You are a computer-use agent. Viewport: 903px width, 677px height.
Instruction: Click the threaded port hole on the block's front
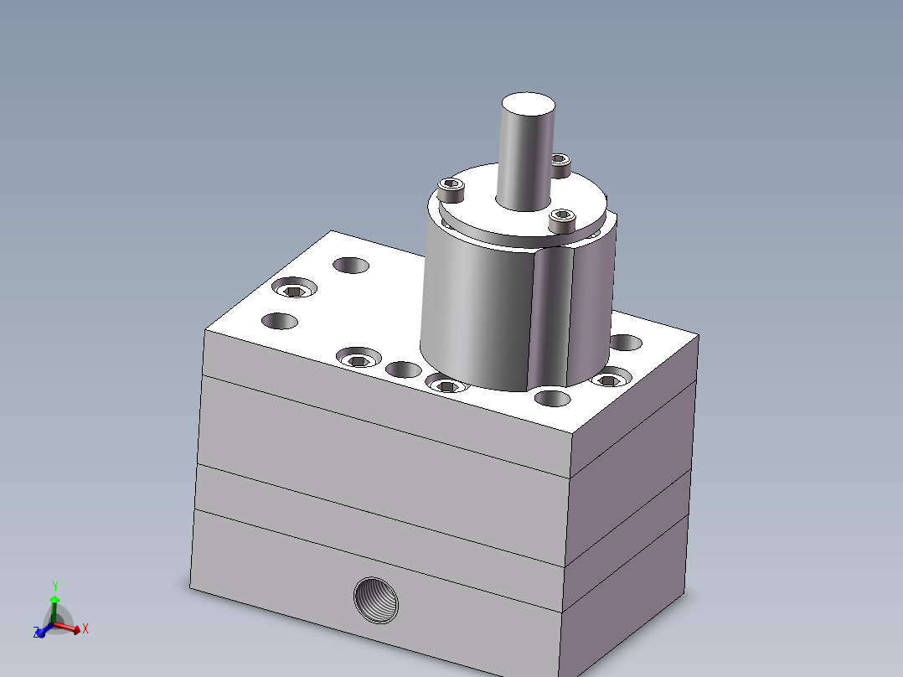pyautogui.click(x=375, y=601)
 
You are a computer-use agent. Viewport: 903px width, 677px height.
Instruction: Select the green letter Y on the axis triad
pyautogui.click(x=55, y=586)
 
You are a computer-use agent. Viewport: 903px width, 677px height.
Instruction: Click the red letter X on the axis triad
pyautogui.click(x=85, y=628)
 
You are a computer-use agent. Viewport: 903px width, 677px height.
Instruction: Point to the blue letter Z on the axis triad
pyautogui.click(x=36, y=632)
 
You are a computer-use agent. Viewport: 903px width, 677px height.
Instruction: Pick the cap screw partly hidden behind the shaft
pyautogui.click(x=560, y=163)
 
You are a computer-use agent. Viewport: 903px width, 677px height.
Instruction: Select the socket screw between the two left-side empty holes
pyautogui.click(x=294, y=289)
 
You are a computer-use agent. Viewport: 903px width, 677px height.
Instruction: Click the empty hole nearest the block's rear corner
pyautogui.click(x=351, y=266)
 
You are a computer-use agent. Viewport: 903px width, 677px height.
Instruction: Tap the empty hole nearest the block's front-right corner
pyautogui.click(x=552, y=398)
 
